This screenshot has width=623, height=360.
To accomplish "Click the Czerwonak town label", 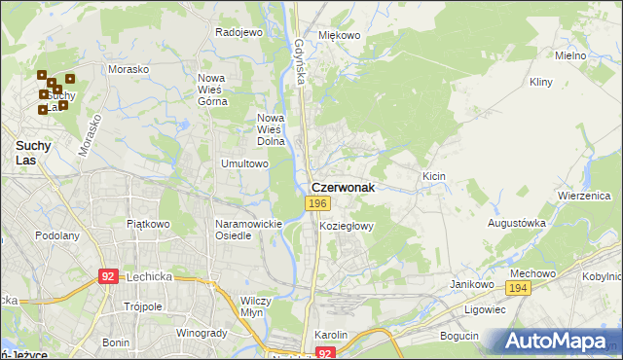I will [x=343, y=187].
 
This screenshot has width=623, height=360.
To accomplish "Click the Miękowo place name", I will [x=340, y=35].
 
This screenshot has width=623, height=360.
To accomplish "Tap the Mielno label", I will [x=570, y=55].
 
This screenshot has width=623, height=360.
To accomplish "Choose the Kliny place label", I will [x=541, y=84].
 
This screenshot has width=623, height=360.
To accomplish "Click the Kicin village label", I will [x=433, y=176].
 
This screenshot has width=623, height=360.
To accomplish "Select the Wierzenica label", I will [x=583, y=195].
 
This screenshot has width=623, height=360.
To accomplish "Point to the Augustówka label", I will [x=517, y=223].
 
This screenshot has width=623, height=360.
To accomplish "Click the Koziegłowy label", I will [x=347, y=226].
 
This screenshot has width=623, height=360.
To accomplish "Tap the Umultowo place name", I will [x=245, y=164].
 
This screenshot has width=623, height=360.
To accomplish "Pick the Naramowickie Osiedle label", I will [x=248, y=230].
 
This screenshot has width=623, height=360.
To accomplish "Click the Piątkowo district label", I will [x=148, y=224].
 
